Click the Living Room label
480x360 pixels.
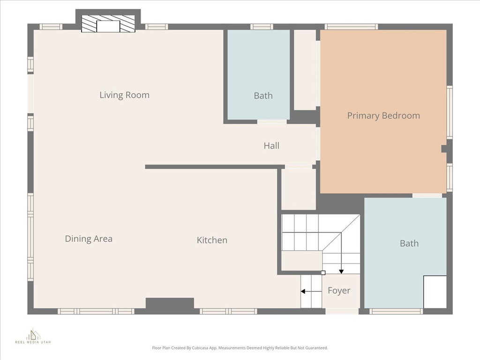124,95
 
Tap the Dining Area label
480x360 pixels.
89,239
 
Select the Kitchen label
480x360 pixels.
212,240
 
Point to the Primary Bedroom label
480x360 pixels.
383,116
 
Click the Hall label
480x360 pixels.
271,146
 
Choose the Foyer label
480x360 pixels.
339,291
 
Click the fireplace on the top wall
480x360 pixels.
108,23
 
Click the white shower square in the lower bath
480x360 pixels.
435,292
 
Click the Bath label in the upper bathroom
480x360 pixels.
263,96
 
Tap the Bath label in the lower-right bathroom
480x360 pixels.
409,243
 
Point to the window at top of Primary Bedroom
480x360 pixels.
351,27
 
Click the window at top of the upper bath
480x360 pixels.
262,27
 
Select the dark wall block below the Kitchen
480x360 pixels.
170,303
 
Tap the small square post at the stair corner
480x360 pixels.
323,272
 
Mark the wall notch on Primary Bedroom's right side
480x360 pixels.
444,149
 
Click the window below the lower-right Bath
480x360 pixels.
396,311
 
